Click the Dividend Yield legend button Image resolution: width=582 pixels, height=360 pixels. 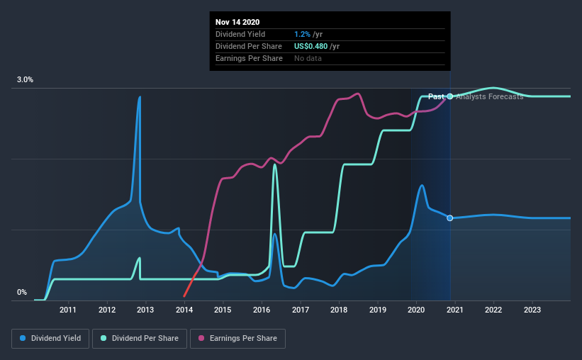[50, 339]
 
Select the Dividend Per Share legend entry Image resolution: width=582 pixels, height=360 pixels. [140, 339]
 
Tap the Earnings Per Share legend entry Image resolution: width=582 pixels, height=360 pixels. [237, 339]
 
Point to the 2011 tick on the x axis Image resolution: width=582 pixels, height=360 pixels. [68, 310]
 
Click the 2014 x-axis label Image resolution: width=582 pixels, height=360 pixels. [184, 310]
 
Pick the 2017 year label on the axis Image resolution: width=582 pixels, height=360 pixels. [301, 310]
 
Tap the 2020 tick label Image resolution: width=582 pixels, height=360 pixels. [416, 310]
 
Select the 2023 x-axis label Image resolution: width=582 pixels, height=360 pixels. [532, 310]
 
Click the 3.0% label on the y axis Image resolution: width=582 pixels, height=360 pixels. [25, 80]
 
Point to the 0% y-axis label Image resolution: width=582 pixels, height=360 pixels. [22, 293]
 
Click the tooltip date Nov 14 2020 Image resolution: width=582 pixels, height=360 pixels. [237, 22]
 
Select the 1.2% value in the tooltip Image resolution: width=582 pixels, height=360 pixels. [302, 35]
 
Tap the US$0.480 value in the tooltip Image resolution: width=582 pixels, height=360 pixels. [310, 46]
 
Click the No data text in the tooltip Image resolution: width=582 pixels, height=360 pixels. [308, 58]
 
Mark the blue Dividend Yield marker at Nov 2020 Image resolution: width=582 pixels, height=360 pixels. [450, 218]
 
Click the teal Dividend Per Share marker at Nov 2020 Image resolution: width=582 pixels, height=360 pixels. [450, 96]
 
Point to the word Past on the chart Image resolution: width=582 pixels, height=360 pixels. [436, 96]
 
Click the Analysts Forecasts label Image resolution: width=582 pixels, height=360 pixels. [490, 96]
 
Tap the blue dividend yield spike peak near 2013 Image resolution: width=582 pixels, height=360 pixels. [140, 97]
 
